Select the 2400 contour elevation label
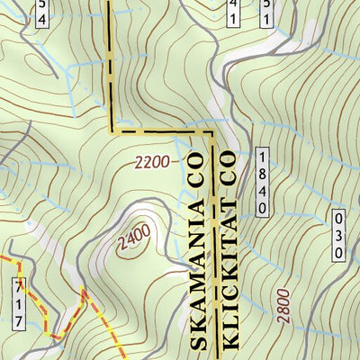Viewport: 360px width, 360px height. click(x=133, y=238)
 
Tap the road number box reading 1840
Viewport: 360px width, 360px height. click(x=262, y=182)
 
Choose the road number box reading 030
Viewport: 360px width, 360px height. click(x=338, y=235)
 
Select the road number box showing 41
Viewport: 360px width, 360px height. click(x=234, y=11)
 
